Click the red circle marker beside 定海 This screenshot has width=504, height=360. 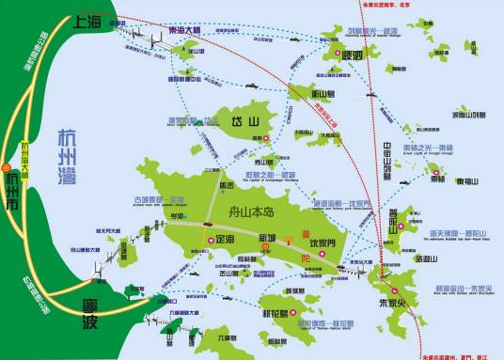click(x=210, y=240)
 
